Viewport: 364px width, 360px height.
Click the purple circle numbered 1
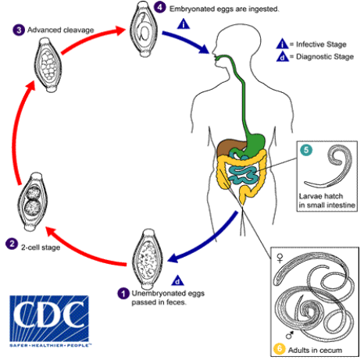(x=123, y=294)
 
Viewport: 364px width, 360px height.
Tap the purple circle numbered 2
(x=12, y=244)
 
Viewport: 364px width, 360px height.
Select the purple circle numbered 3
(x=19, y=30)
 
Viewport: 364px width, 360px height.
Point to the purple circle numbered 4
(x=159, y=7)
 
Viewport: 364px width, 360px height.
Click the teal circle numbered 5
(x=306, y=150)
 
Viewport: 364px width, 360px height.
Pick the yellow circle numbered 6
(x=280, y=349)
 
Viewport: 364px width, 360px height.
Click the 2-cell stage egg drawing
(x=33, y=202)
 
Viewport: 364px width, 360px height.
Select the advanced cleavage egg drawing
(x=48, y=65)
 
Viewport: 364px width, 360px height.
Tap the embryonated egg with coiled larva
(x=144, y=29)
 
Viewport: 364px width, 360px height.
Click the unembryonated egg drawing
(x=148, y=257)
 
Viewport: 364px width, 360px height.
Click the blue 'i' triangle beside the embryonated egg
(x=184, y=23)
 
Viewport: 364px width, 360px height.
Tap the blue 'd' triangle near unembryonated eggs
(x=177, y=280)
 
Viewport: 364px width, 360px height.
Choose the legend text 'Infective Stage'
(x=321, y=45)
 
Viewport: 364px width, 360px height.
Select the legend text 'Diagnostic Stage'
(x=325, y=56)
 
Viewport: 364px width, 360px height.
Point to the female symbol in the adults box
(x=280, y=258)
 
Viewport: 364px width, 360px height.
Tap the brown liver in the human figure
(x=229, y=148)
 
